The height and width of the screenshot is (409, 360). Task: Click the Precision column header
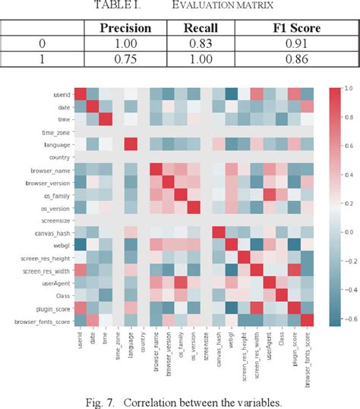[126, 29]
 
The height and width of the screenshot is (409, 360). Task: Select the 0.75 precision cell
[126, 59]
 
